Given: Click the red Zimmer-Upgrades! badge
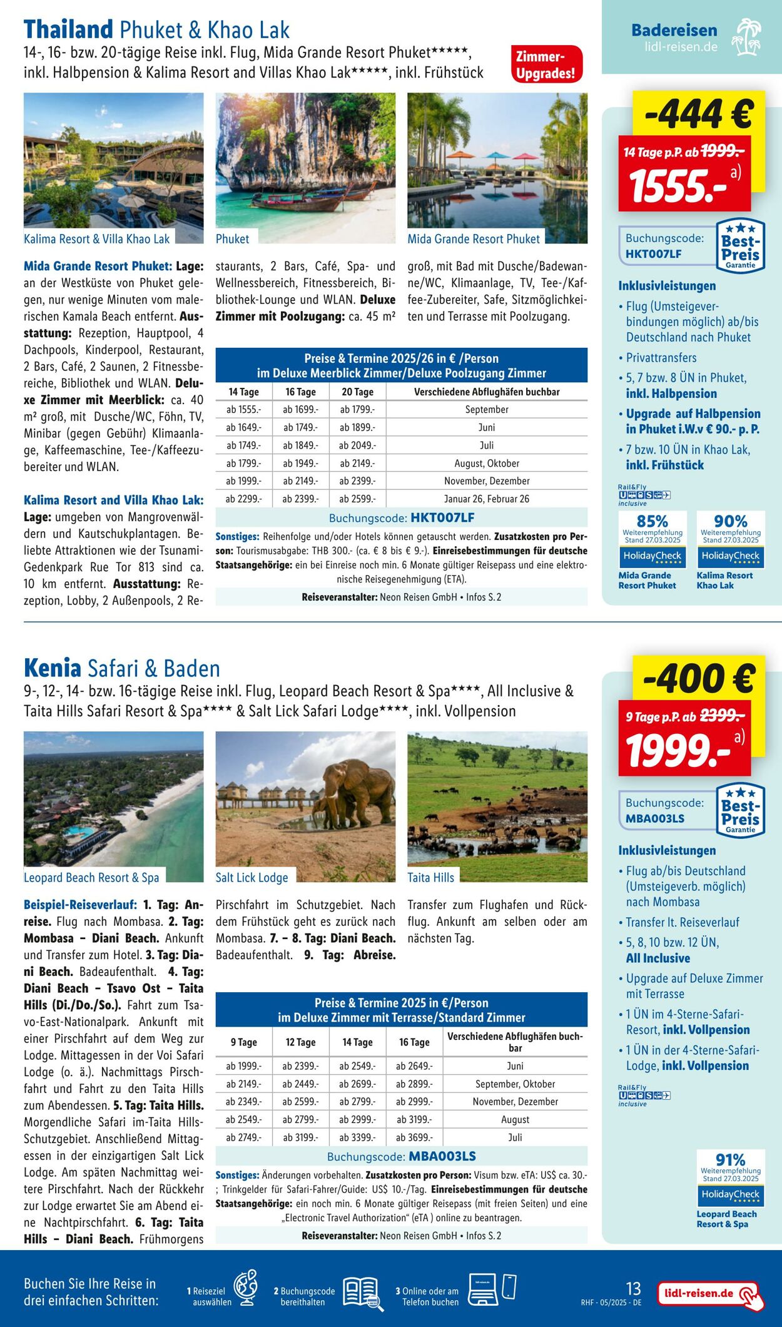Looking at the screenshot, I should coord(546,64).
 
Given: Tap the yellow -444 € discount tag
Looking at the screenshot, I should coord(698,114).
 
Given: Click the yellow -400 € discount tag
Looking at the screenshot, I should coord(698,679).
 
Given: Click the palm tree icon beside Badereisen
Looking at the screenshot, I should coord(748,37).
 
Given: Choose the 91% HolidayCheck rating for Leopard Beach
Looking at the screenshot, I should coord(730,1177).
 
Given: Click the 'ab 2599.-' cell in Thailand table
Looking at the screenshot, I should coord(357,499).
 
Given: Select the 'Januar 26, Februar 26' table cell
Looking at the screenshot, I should coord(486,499).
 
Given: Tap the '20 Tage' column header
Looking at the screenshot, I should coord(357,392).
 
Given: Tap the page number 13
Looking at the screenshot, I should coord(633,1288).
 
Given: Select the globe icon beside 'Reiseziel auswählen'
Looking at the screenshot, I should coord(245,1288).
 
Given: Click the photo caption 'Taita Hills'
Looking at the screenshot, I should coord(430,877).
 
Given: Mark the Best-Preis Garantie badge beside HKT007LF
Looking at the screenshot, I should coord(740,245).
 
